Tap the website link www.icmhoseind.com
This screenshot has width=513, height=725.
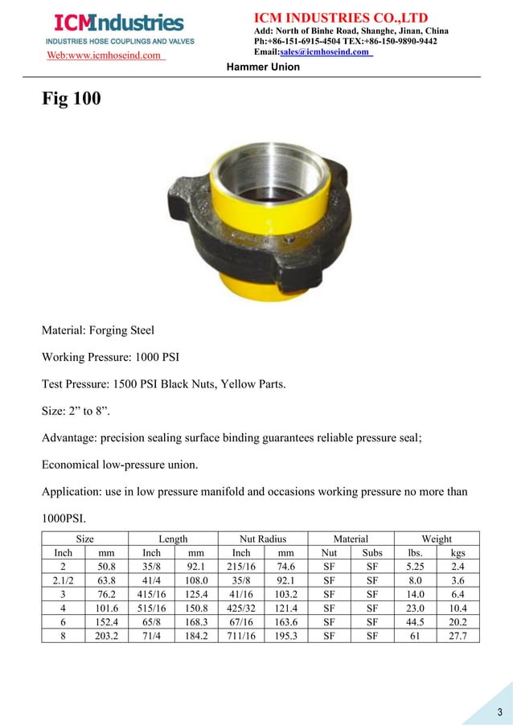click(105, 55)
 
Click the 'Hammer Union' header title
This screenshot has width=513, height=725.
click(263, 67)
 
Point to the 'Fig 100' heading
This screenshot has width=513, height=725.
click(71, 101)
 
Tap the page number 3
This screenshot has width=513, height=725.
click(499, 712)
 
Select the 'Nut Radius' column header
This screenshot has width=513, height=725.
click(263, 539)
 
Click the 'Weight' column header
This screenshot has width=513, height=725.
click(437, 539)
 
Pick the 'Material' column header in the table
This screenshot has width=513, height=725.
click(351, 539)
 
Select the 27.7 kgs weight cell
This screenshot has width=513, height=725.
click(458, 635)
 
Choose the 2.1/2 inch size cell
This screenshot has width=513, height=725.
click(63, 580)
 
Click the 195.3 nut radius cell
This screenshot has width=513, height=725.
click(285, 635)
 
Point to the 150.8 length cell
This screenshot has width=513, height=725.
click(196, 608)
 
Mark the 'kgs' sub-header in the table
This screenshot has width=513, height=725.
click(458, 553)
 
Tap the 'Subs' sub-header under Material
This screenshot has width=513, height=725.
click(371, 553)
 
